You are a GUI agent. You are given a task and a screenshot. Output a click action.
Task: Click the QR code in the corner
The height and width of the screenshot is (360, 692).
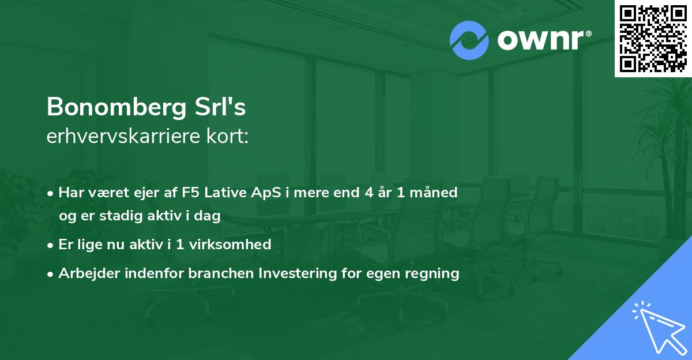tap(653, 38)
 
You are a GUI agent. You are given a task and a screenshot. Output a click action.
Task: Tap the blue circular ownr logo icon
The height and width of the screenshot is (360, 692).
tap(469, 40)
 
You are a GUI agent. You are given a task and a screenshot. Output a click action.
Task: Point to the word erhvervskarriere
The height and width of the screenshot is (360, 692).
tap(123, 137)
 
